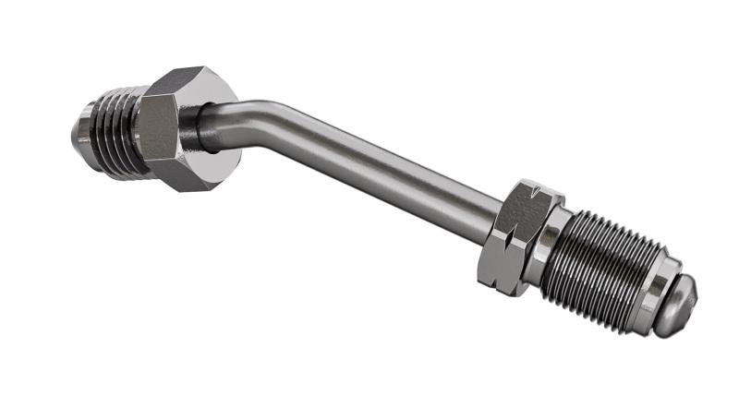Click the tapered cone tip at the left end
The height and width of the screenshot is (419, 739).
(x=81, y=129)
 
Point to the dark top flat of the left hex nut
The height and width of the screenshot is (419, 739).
(x=188, y=81)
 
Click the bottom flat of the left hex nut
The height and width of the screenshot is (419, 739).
(x=189, y=174)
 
